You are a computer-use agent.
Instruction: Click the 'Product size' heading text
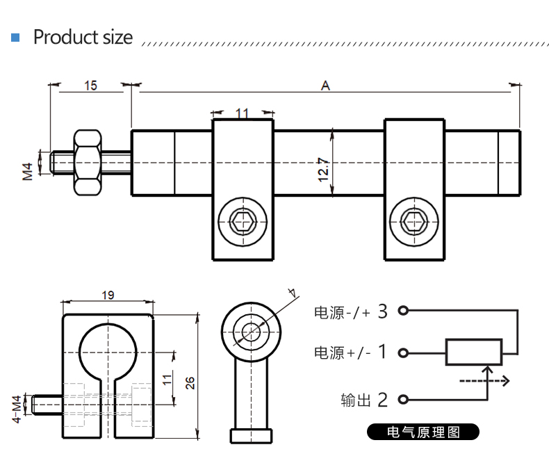click(83, 37)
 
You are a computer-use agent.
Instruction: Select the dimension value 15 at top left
click(90, 86)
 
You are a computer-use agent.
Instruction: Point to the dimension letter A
click(325, 86)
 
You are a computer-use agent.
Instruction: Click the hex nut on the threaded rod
click(88, 163)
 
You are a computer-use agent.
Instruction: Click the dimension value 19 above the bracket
click(108, 295)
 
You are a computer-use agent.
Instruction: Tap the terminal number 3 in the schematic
click(382, 311)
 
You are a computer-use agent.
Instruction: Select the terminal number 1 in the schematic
click(382, 352)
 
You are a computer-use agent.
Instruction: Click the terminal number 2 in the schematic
click(382, 400)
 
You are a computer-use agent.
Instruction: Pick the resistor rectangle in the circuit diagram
click(474, 352)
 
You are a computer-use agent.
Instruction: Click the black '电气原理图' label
click(423, 432)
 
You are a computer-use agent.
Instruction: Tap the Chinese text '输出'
click(356, 400)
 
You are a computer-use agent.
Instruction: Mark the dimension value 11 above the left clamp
click(243, 113)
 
